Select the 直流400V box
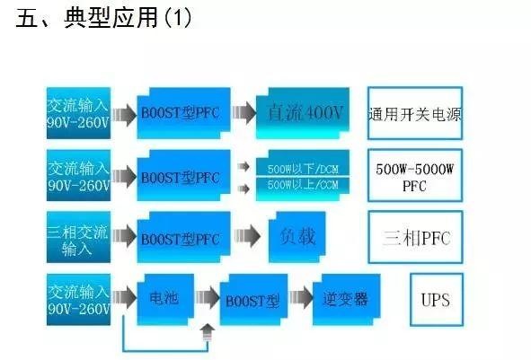(305, 113)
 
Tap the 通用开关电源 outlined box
(414, 114)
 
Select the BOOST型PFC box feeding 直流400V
(180, 114)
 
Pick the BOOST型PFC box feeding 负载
(180, 239)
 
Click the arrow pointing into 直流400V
(241, 114)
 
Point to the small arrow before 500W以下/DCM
(243, 167)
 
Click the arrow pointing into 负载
(244, 239)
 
